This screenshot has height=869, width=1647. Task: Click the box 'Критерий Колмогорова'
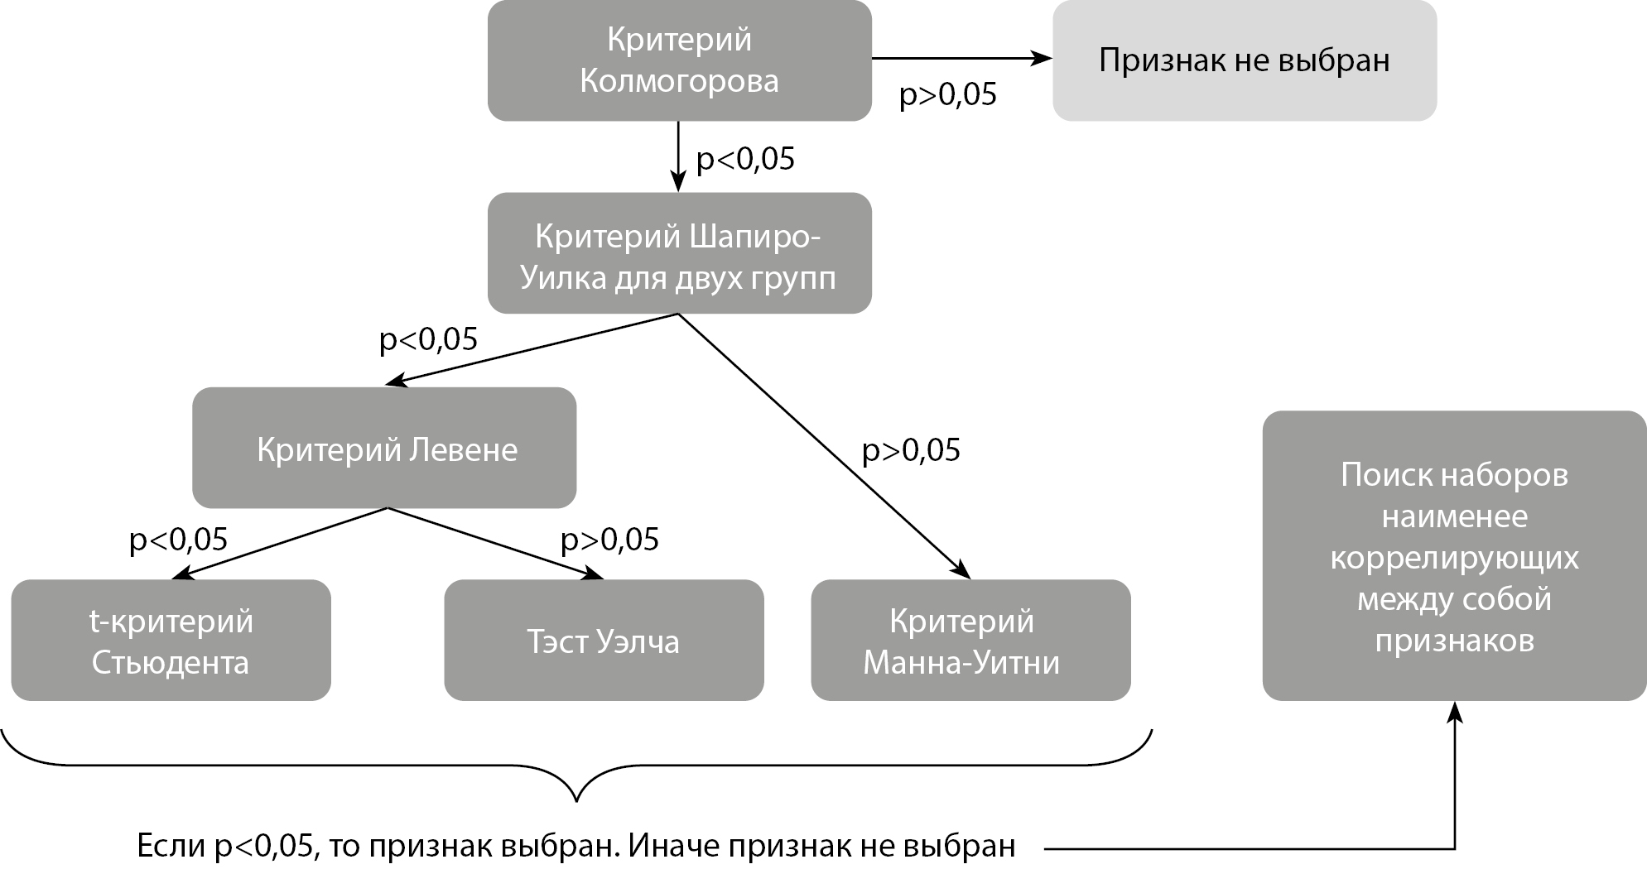(679, 60)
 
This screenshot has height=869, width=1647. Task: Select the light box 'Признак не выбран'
(1244, 60)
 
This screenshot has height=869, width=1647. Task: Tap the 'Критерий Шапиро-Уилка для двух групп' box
(679, 253)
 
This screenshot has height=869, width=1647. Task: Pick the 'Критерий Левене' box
(384, 448)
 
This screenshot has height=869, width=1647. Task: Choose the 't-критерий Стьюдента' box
(171, 641)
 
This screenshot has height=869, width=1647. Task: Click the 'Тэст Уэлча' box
(604, 641)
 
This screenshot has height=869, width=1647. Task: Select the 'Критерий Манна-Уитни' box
(970, 641)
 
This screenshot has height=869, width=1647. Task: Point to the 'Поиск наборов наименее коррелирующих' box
(1454, 555)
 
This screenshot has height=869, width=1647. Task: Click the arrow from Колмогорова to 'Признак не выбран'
(961, 58)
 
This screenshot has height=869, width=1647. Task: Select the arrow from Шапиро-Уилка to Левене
(534, 348)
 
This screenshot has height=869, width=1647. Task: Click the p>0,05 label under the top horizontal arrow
(948, 94)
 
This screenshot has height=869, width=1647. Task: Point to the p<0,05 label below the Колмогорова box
(745, 158)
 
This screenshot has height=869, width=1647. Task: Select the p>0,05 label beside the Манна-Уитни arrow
(911, 450)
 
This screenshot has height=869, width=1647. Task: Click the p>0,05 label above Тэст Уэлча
(609, 540)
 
